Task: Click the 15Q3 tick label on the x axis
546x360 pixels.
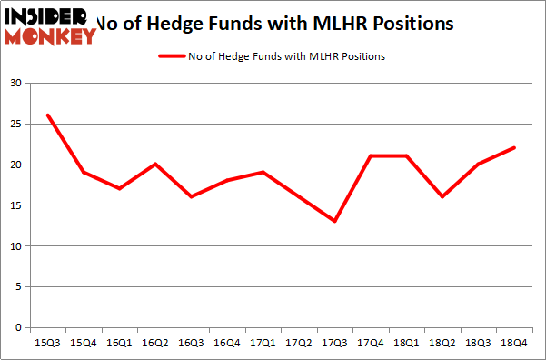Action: point(48,343)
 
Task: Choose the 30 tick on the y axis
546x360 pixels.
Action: point(15,84)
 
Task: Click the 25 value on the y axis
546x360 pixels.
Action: point(15,125)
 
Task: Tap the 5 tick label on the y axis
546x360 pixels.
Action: point(18,287)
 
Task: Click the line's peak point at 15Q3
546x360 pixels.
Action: point(48,115)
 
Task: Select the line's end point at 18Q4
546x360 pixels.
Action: point(515,148)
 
